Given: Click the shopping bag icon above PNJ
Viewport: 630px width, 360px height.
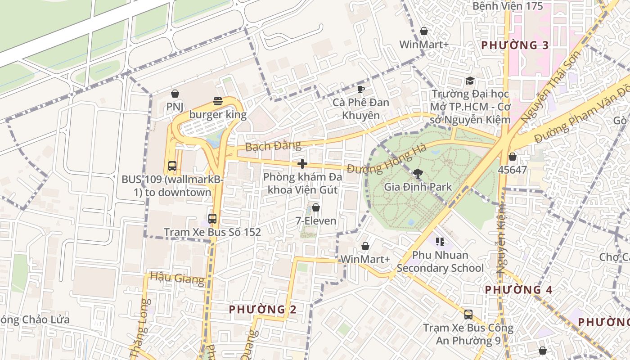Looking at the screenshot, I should (175, 94).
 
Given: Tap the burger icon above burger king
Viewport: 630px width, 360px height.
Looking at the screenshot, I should (218, 101).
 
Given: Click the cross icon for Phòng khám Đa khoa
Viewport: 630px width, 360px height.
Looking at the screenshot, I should (302, 164).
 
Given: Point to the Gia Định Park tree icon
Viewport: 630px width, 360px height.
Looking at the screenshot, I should (418, 173).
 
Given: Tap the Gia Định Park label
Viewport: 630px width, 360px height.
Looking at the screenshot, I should (418, 187).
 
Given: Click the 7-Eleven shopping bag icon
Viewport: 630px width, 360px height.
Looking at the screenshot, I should (316, 207).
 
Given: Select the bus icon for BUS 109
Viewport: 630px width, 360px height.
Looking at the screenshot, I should (172, 166).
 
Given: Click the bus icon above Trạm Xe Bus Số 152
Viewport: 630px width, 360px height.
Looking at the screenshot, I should (212, 219).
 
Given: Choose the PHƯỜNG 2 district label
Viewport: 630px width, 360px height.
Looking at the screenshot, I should (263, 310).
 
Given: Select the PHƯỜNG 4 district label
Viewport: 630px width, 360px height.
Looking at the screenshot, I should (518, 290).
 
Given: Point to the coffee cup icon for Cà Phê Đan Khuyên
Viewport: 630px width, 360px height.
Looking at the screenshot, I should (360, 89).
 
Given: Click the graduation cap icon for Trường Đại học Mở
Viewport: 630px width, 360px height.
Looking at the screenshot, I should (470, 81).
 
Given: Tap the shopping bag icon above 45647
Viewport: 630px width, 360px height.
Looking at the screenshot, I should (512, 157).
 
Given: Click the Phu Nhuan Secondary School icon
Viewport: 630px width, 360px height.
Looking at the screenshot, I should (440, 242).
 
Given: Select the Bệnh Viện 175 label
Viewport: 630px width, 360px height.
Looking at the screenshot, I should (508, 6).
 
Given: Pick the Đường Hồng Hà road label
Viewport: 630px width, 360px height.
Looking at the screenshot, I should (387, 162).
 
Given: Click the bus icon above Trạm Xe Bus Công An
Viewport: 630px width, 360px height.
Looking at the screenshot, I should (468, 314).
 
